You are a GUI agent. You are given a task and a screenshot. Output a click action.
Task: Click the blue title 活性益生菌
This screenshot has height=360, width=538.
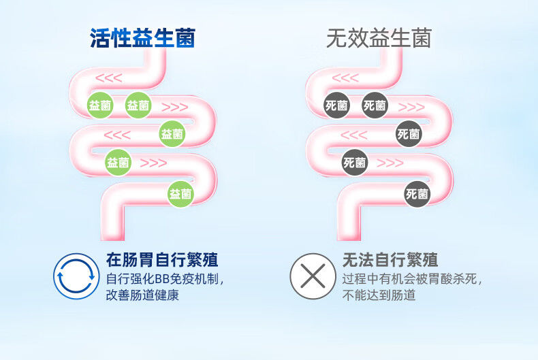coord(143,37)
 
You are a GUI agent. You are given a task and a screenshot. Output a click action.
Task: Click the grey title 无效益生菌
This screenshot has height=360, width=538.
coord(379,37)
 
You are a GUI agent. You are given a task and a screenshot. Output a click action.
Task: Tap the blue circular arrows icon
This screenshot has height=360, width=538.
coord(76,276)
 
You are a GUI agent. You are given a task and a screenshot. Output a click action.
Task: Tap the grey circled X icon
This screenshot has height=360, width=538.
coord(313,276)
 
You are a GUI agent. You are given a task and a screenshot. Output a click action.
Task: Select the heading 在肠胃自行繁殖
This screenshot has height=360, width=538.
coord(162,259)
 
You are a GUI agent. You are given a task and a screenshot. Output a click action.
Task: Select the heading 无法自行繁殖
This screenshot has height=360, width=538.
coord(390,259)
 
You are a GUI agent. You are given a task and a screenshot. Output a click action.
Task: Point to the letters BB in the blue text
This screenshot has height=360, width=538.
coord(162,279)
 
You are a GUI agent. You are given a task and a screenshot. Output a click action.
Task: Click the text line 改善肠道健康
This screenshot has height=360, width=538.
coord(142,295)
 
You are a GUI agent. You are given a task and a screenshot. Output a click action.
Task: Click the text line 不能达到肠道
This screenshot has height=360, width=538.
coord(379,295)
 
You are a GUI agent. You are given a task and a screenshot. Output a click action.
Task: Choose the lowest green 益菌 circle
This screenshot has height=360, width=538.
coord(180,194)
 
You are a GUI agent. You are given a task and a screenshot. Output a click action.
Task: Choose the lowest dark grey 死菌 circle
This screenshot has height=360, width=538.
coord(417,194)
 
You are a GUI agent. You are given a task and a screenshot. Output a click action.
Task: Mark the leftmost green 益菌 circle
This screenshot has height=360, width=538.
coord(100,105)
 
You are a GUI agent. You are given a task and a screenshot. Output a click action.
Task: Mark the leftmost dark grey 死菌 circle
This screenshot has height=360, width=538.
coord(336,105)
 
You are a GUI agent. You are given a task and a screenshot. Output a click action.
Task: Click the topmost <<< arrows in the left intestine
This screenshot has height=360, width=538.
coord(109,78)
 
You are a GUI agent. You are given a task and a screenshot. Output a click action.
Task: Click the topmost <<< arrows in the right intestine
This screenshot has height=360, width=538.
coord(345,78)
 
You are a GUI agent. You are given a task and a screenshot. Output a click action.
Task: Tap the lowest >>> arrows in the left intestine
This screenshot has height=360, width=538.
coord(153,163)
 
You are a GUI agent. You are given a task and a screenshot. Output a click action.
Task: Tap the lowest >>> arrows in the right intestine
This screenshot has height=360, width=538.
coord(390,163)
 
